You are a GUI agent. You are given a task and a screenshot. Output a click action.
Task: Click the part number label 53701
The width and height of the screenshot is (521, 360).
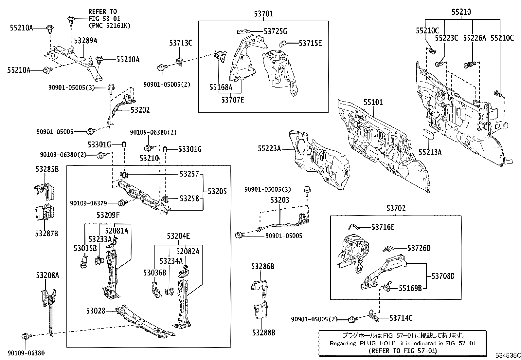pos(263,14)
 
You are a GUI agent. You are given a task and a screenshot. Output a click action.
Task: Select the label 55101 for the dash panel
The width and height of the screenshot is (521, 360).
pos(373,102)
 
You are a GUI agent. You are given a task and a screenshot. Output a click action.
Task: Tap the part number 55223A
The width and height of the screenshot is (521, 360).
pos(269,148)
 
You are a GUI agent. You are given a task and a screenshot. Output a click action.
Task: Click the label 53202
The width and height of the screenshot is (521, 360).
pos(140,110)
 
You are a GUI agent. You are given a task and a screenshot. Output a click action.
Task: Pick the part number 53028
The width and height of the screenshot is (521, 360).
pos(96,311)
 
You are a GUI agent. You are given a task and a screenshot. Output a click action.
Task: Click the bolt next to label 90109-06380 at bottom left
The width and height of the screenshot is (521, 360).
pos(26,336)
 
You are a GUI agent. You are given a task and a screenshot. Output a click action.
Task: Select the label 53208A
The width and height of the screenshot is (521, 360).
pos(47,275)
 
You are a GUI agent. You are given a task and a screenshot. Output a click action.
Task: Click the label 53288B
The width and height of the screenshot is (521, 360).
pos(263,332)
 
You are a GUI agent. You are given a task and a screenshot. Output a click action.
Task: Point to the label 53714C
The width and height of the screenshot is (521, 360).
pos(401,318)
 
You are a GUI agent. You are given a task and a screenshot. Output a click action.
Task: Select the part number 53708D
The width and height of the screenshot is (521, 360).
pos(443,276)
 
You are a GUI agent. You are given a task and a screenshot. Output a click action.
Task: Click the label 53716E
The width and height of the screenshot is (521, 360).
pos(383,227)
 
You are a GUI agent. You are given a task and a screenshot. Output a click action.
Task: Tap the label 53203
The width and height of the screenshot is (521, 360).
pos(279,200)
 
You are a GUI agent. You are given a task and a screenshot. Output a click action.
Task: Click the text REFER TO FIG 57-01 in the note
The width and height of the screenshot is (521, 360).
pos(402,351)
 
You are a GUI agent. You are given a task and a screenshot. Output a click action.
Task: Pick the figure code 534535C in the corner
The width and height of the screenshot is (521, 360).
pos(507,355)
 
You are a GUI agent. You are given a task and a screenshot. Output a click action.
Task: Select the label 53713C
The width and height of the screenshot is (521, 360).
pos(181,43)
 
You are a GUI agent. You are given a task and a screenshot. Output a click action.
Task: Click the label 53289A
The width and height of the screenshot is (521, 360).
pos(85,40)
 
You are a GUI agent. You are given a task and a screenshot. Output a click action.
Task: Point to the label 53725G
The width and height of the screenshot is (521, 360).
pos(275,31)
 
